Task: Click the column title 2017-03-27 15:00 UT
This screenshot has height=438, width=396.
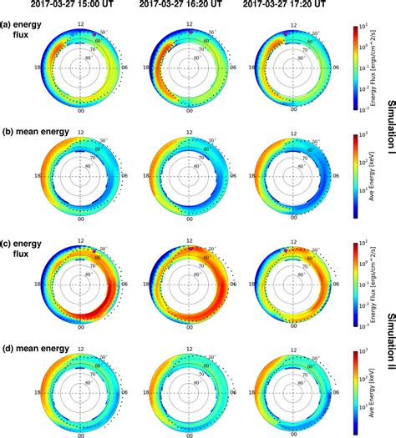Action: pos(81,8)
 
